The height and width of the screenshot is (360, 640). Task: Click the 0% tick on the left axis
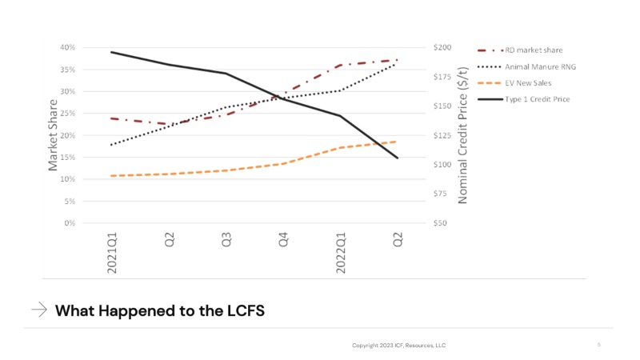pos(70,223)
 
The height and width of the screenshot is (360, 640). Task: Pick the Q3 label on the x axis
pos(226,240)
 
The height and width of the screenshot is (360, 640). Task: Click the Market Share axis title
pos(54,135)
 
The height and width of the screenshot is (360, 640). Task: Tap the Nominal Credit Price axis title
pos(462,134)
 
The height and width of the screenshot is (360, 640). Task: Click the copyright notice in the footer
pos(398,346)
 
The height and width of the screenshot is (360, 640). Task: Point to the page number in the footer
pos(598,345)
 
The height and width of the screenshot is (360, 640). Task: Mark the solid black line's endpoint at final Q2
pos(398,158)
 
